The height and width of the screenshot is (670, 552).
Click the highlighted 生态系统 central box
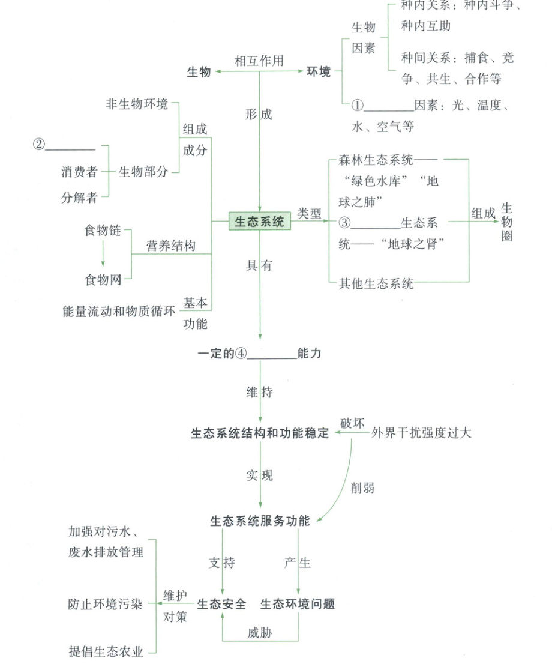[x=259, y=222]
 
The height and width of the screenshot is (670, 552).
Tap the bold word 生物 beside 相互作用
[x=199, y=72]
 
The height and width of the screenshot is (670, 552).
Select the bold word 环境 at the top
[x=319, y=72]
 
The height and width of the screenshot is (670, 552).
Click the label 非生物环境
[x=137, y=104]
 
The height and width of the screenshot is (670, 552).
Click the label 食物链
[x=103, y=230]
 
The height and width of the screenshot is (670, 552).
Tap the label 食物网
[x=103, y=279]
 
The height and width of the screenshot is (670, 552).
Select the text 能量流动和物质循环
[x=119, y=312]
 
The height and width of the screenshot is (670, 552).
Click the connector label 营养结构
[x=171, y=246]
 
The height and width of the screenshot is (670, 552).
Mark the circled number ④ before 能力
[x=241, y=354]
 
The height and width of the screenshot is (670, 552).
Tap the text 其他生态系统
[x=376, y=283]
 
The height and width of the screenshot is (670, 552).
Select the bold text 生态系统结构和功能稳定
[x=260, y=433]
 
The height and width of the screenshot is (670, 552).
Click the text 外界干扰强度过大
[x=421, y=432]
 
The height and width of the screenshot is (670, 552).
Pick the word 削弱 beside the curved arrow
[x=362, y=488]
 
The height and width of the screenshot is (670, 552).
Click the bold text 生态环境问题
[x=298, y=604]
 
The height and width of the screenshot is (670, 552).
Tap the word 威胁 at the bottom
[x=259, y=633]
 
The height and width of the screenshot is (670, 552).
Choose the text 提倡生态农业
[x=106, y=652]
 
